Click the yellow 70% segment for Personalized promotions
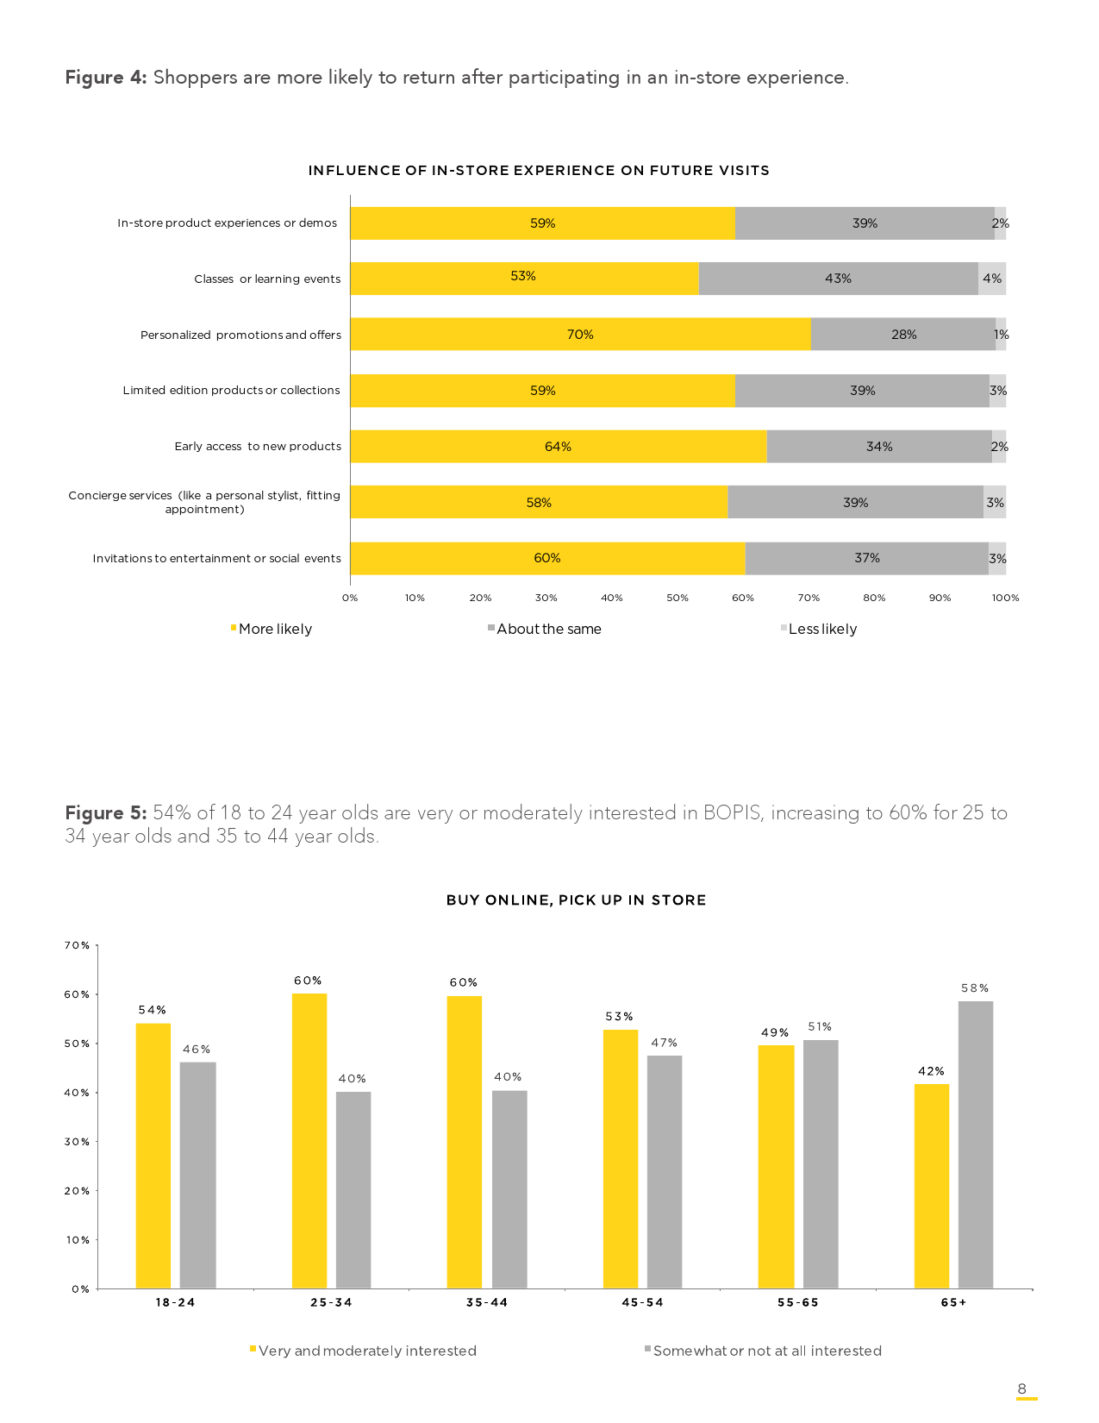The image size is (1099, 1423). point(580,335)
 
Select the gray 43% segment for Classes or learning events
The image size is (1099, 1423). point(838,279)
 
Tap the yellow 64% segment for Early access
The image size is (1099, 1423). point(558,447)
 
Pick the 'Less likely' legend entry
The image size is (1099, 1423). point(821,630)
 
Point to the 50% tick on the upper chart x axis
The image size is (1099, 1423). point(678,598)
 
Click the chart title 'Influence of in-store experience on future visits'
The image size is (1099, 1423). point(539,171)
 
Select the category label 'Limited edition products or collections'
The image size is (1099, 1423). point(231,391)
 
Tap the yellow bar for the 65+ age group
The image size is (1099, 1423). point(931,1186)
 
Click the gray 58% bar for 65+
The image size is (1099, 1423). point(975,1144)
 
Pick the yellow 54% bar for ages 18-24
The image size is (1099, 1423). point(153,1156)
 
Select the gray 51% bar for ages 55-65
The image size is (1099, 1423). point(820,1164)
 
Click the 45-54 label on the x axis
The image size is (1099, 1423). point(643,1302)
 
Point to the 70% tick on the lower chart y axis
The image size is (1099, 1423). point(78,946)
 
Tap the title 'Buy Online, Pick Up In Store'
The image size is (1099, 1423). point(576,900)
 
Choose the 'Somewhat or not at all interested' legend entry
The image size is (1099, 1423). point(766,1351)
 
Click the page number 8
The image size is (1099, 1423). point(1022,1389)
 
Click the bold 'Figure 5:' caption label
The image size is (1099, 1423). point(106,813)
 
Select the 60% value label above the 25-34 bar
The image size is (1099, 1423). point(308,981)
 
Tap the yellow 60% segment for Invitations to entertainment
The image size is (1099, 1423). point(547,558)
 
